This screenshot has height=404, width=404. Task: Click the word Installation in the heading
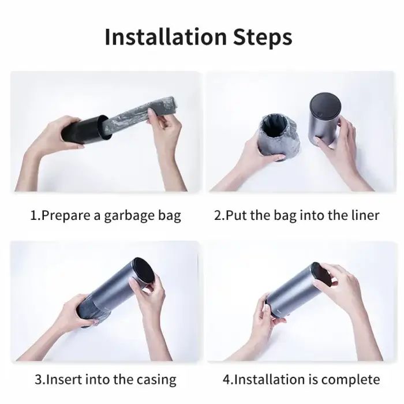tap(166, 36)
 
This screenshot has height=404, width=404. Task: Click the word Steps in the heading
tap(263, 37)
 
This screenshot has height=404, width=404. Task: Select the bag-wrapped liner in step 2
tap(279, 138)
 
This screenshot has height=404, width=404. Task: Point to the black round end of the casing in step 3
tap(144, 271)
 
